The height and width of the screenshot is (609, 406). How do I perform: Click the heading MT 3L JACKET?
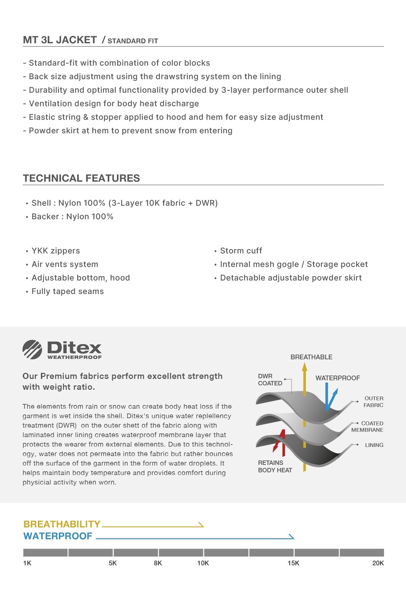pyautogui.click(x=60, y=40)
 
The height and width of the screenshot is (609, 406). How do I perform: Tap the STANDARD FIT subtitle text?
pyautogui.click(x=133, y=41)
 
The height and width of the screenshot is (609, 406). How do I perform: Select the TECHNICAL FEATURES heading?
pyautogui.click(x=81, y=178)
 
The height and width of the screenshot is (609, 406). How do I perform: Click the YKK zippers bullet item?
pyautogui.click(x=55, y=251)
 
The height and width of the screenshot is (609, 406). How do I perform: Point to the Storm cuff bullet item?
pyautogui.click(x=241, y=251)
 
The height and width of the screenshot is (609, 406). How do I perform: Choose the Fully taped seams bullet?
pyautogui.click(x=67, y=291)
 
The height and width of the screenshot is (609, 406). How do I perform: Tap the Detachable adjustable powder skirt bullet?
pyautogui.click(x=291, y=278)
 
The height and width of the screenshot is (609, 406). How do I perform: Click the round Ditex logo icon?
pyautogui.click(x=32, y=349)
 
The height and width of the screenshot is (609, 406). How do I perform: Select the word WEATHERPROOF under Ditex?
pyautogui.click(x=74, y=357)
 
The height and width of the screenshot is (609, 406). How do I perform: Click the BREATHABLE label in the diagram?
pyautogui.click(x=311, y=357)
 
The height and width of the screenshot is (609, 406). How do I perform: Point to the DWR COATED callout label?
pyautogui.click(x=270, y=380)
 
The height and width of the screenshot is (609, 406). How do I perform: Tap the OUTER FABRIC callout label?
pyautogui.click(x=374, y=402)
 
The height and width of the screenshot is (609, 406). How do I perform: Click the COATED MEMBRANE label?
pyautogui.click(x=367, y=427)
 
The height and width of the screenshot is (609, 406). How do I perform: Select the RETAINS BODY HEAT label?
pyautogui.click(x=275, y=466)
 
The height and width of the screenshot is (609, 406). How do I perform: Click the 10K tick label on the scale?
pyautogui.click(x=203, y=563)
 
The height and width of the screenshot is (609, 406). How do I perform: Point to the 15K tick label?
pyautogui.click(x=293, y=563)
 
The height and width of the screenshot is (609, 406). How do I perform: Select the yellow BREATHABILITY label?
pyautogui.click(x=62, y=524)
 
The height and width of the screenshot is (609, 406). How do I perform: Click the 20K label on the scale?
pyautogui.click(x=378, y=563)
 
